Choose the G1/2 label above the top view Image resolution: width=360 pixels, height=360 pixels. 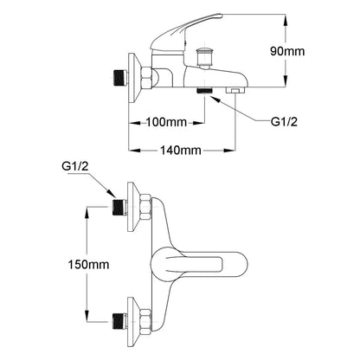coord(75,166)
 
